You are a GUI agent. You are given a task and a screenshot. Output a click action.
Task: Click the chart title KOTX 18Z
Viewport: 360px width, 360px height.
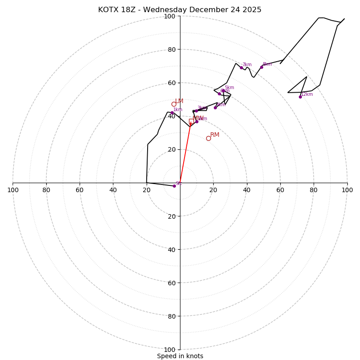(x=118, y=10)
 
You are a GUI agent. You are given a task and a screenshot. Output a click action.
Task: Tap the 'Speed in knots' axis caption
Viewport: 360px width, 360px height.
(x=180, y=356)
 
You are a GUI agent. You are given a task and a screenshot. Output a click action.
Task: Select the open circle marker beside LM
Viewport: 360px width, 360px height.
(x=174, y=104)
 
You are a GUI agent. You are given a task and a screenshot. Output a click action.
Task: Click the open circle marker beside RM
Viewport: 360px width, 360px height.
(x=208, y=138)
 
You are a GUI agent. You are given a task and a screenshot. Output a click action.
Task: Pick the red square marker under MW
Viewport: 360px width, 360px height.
(x=191, y=121)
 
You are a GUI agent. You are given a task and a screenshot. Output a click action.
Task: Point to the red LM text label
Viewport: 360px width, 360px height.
(x=179, y=101)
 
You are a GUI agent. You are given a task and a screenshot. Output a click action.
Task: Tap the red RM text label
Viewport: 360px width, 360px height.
(x=215, y=135)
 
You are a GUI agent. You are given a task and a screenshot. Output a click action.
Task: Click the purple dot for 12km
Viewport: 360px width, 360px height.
(x=300, y=97)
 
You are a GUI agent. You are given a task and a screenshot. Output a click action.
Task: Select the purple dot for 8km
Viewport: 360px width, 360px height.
(x=261, y=67)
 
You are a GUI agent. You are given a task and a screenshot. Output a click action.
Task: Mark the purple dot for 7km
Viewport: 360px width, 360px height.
(x=241, y=67)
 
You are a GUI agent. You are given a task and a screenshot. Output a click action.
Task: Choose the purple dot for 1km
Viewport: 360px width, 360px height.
(x=171, y=112)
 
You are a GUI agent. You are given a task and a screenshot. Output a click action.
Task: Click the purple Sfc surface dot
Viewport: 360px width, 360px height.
(x=174, y=186)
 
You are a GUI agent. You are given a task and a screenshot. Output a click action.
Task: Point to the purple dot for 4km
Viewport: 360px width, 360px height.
(x=215, y=108)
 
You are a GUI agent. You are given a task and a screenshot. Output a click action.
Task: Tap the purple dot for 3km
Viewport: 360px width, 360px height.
(x=196, y=111)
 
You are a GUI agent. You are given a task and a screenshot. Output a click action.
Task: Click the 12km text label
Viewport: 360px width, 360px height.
(x=307, y=94)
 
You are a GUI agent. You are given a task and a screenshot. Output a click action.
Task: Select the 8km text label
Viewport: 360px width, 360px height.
(x=267, y=64)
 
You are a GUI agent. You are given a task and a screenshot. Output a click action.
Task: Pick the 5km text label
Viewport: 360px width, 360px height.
(x=229, y=88)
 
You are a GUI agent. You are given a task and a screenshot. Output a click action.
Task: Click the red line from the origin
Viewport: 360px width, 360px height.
(x=185, y=153)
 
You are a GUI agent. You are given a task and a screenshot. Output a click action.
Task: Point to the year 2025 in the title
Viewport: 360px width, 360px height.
(x=252, y=10)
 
